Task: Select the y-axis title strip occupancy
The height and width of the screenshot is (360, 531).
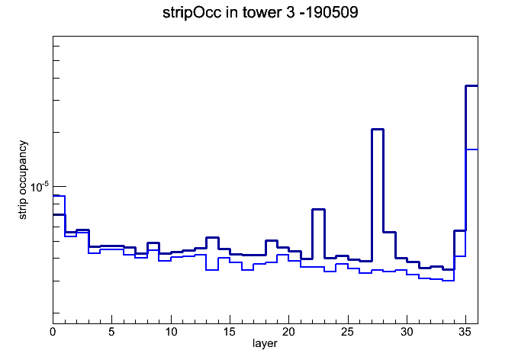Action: (22, 180)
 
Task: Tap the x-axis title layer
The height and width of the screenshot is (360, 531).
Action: (265, 343)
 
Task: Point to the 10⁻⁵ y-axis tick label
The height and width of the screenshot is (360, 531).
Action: (40, 187)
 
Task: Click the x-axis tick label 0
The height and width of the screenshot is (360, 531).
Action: (53, 332)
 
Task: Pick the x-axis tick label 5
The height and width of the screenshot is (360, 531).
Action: (111, 332)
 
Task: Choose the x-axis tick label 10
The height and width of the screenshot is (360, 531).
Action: (171, 332)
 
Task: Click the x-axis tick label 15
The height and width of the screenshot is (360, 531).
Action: (230, 332)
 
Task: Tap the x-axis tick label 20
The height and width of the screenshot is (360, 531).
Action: (288, 332)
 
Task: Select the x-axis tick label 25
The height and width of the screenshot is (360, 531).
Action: (347, 332)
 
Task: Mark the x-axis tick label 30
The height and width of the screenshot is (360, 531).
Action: (407, 332)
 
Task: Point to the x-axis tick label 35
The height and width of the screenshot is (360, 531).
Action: (465, 332)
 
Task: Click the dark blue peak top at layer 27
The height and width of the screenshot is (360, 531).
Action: (377, 130)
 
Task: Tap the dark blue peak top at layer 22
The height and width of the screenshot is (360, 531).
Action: (318, 210)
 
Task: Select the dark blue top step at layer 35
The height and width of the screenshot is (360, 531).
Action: (471, 86)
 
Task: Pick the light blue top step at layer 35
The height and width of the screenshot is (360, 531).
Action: (471, 149)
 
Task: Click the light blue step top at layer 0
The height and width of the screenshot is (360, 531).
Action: (59, 196)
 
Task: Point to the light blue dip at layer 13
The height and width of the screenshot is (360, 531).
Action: (212, 270)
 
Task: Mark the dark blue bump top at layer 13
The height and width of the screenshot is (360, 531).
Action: (212, 238)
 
